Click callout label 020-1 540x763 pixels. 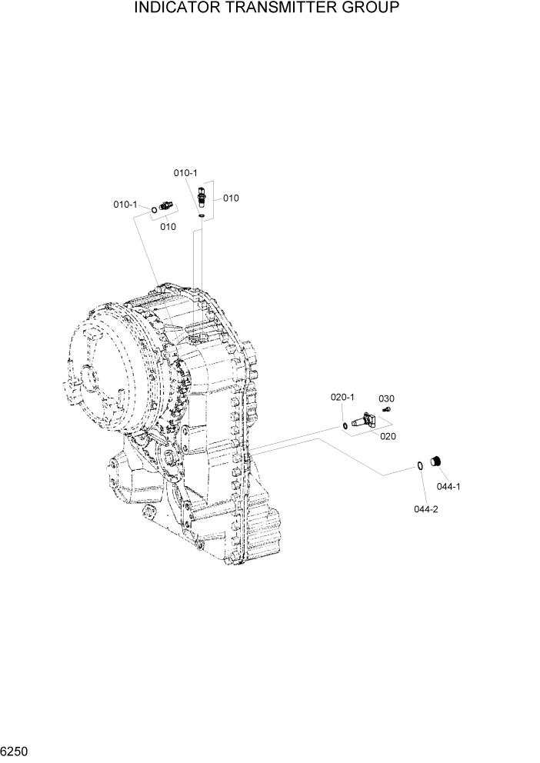click(x=342, y=398)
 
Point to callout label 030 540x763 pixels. click(x=386, y=398)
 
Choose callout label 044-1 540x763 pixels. click(x=449, y=486)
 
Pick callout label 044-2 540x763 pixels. click(x=425, y=510)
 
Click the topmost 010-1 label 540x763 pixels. click(x=185, y=173)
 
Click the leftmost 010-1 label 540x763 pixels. click(x=125, y=205)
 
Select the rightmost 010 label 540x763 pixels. click(x=231, y=198)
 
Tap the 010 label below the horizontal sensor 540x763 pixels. click(x=168, y=226)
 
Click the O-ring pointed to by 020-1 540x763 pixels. click(x=345, y=425)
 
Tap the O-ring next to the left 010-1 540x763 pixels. click(x=155, y=209)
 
